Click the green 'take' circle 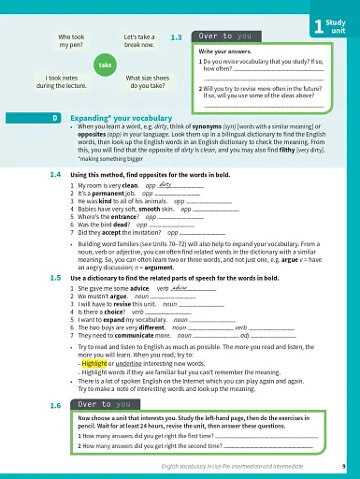106,65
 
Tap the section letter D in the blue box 56,118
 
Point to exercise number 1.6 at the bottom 56,406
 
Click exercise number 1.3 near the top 177,37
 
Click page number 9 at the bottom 343,465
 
